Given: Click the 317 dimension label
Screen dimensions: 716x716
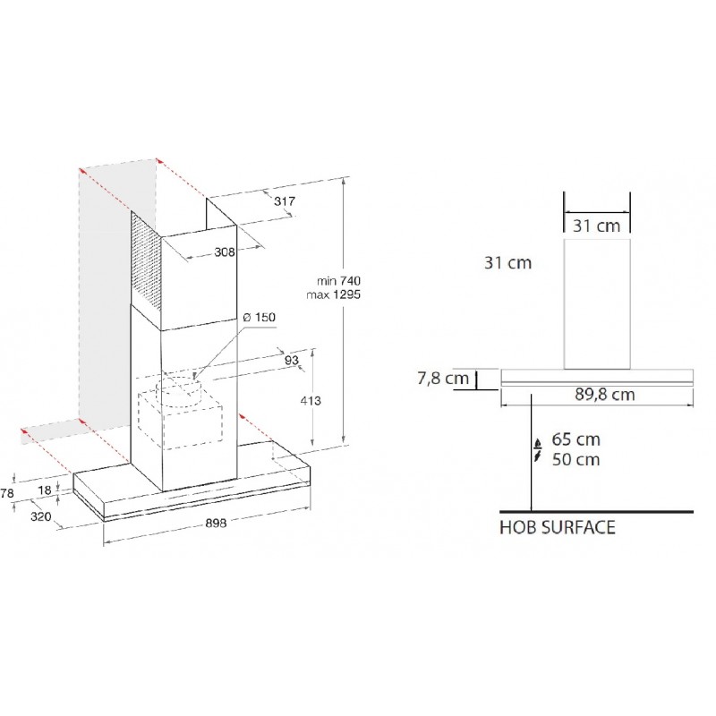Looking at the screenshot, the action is tap(285, 200).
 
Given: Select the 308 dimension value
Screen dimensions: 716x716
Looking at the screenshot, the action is tap(225, 252).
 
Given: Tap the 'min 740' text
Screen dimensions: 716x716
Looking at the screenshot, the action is tap(338, 280).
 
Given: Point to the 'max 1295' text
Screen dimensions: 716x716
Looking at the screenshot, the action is tap(333, 294).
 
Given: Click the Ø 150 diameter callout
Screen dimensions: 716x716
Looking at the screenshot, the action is tap(260, 317).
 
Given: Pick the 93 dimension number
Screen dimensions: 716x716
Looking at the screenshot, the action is tap(292, 360).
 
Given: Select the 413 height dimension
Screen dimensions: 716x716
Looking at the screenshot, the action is tap(311, 400).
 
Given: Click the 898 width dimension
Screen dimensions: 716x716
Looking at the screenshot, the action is tap(216, 523).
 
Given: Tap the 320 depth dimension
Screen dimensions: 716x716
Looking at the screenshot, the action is tap(40, 516).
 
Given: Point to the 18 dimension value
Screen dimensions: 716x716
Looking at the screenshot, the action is tap(44, 490).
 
